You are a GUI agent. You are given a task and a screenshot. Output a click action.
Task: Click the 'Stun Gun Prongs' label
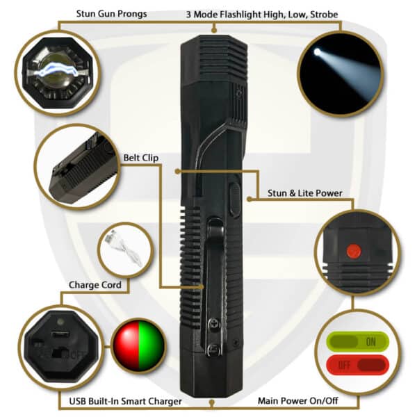pos(111,14)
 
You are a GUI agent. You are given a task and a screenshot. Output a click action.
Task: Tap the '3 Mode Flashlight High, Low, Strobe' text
pos(262,15)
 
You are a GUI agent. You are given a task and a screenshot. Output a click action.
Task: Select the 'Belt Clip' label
pos(141,158)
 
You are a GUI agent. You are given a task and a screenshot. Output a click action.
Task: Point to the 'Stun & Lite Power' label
pos(305,193)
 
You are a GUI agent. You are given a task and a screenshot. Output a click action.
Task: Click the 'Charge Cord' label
pos(95,285)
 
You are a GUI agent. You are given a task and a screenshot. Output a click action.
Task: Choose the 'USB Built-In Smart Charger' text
pos(126,401)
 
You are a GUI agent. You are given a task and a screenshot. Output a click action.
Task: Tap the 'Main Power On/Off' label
pos(298,400)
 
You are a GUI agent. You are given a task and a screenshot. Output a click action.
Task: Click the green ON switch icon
pos(357,342)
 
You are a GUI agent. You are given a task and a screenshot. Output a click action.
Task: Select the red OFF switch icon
pos(357,365)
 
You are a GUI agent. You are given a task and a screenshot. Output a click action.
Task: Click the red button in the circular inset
pos(354,251)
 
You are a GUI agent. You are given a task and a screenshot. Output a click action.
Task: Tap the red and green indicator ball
pos(138,345)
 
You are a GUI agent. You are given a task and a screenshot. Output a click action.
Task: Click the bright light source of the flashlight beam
pos(317,52)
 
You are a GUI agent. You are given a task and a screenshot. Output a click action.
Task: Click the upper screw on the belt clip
pos(214,324)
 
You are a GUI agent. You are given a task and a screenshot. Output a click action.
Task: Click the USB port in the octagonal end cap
pos(60,334)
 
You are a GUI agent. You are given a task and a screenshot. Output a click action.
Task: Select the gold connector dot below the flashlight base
pos(212,402)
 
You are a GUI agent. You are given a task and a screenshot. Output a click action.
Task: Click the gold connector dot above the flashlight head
pos(214,29)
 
